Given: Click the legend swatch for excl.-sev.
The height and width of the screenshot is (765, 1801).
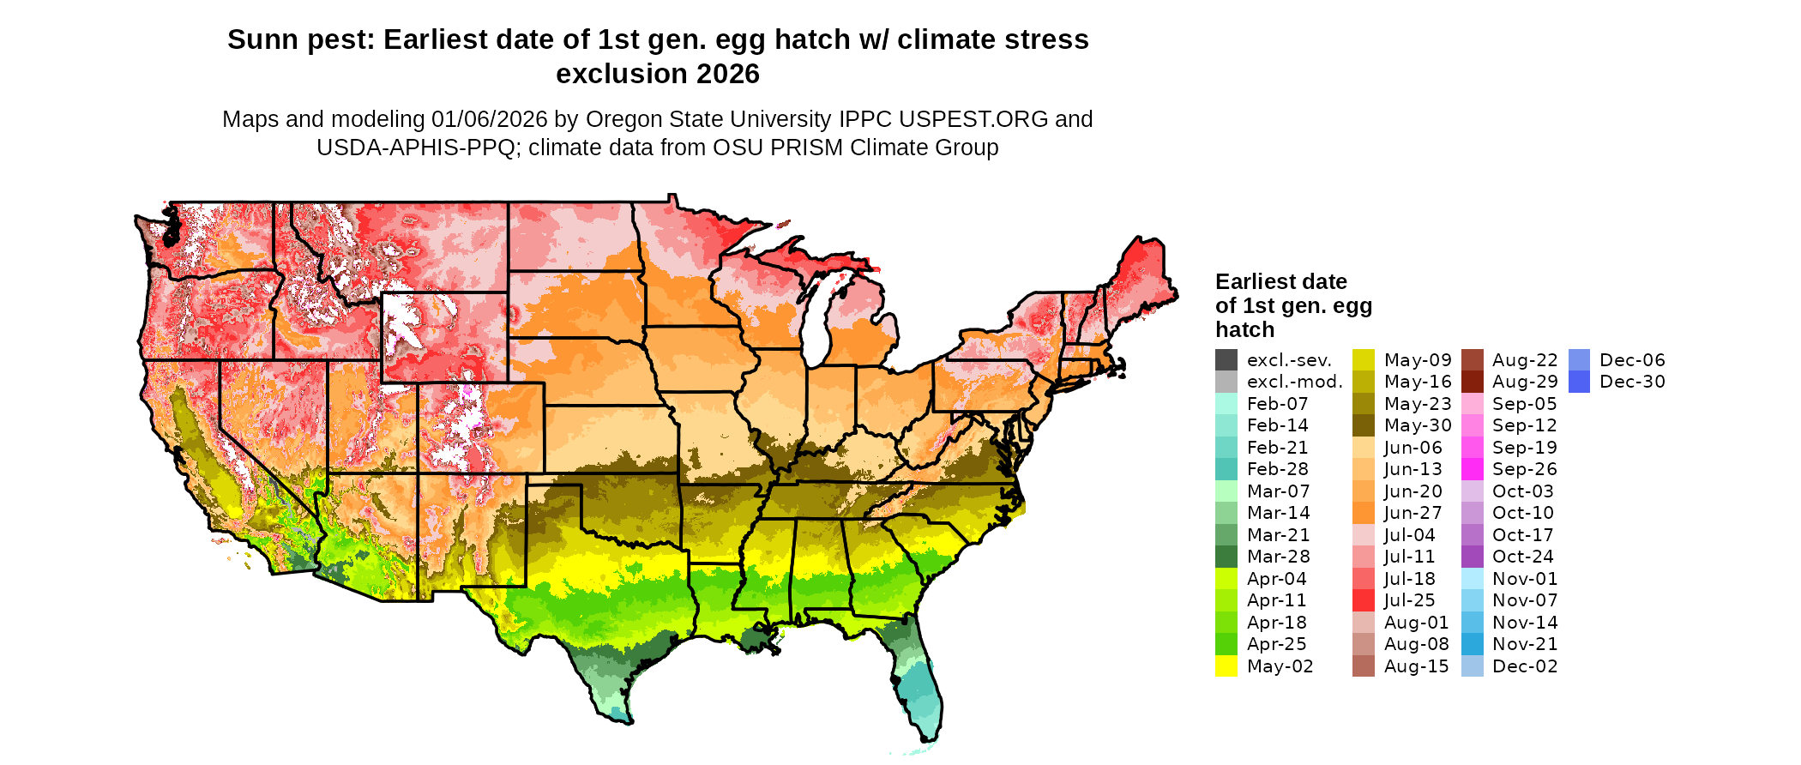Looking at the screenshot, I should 1226,360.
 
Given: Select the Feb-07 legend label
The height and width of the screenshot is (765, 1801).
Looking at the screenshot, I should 1277,404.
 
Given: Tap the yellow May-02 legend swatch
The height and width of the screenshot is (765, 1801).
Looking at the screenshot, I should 1226,666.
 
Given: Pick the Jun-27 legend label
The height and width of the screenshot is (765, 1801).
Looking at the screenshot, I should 1412,513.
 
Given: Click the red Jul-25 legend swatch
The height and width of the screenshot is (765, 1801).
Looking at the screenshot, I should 1364,600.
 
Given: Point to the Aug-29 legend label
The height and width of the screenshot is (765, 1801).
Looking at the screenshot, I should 1525,382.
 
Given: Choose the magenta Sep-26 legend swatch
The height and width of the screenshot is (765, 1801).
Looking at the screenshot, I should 1473,469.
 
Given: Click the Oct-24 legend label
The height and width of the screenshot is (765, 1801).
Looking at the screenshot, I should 1522,557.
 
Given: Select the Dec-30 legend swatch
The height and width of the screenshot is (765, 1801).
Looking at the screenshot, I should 1579,382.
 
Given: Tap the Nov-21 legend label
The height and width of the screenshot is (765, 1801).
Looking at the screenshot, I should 1525,644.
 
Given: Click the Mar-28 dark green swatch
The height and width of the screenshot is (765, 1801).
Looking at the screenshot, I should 1226,557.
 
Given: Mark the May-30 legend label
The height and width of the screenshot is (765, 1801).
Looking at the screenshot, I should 1418,425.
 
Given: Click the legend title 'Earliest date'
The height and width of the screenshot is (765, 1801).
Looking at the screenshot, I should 1281,282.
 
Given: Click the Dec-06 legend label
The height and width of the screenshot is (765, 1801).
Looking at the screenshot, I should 1632,360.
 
